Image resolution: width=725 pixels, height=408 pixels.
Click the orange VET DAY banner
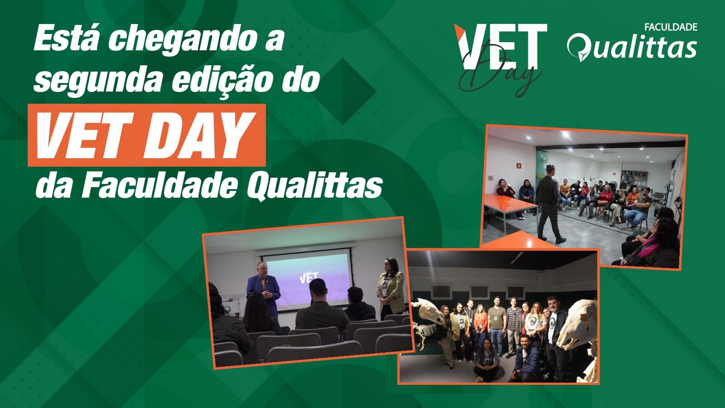click(x=147, y=135)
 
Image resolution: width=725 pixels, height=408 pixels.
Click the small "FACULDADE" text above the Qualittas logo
click(x=670, y=28)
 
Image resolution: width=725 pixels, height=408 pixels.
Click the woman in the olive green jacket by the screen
click(x=391, y=288)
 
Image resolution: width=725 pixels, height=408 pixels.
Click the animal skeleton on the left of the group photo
click(x=428, y=324)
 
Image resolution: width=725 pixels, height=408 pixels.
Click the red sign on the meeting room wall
click(x=518, y=166)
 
